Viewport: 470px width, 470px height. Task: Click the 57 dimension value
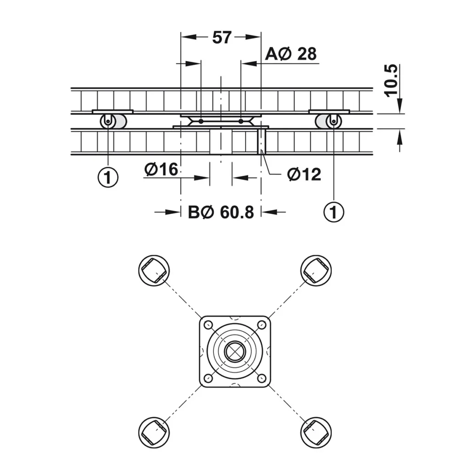222,38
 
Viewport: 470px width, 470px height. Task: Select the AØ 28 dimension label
291,54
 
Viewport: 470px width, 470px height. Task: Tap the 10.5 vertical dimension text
391,80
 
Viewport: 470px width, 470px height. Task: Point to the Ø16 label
161,169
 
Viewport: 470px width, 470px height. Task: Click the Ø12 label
304,174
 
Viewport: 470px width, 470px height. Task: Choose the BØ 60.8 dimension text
221,212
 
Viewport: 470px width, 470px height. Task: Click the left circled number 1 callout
108,177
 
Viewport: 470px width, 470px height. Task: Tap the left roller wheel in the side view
108,122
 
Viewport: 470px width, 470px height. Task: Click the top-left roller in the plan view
154,270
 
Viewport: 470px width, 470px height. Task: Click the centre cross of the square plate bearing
235,352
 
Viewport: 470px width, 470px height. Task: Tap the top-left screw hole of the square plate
208,325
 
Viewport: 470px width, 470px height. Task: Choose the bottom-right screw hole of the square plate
262,378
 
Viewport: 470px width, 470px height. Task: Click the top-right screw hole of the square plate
262,325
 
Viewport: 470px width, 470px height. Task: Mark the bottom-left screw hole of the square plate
208,378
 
